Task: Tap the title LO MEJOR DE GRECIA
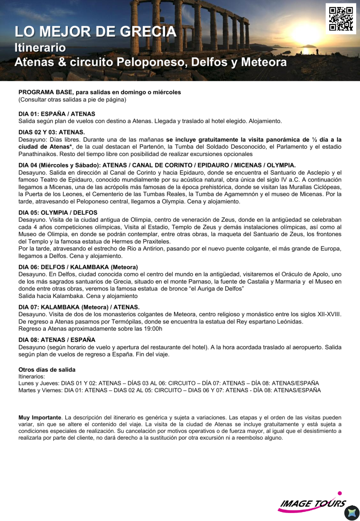[x=95, y=32]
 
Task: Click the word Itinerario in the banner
[x=40, y=47]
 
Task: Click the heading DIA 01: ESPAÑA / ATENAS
[x=57, y=114]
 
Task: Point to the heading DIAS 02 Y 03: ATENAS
[x=52, y=132]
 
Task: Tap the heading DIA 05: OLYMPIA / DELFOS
[x=58, y=212]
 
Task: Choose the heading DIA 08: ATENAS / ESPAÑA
[x=57, y=340]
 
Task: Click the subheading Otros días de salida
[x=47, y=370]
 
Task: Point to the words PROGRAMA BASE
[x=46, y=92]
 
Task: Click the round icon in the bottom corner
[x=351, y=513]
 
